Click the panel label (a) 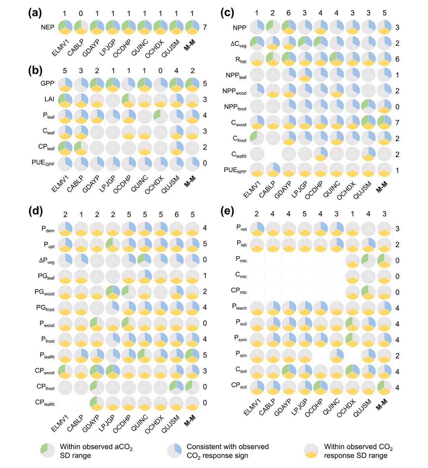35,13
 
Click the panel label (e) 227,211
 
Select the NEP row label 47,27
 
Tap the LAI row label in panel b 49,99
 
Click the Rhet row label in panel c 241,60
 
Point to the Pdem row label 48,229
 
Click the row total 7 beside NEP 205,27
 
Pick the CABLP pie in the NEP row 81,27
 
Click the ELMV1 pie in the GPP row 65,83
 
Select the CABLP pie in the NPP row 272,27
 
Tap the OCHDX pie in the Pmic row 353,260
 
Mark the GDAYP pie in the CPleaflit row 97,403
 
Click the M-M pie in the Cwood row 384,123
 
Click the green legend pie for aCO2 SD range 47,450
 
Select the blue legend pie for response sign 174,450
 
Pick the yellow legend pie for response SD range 311,450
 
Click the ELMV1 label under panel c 252,190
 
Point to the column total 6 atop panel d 176,214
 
